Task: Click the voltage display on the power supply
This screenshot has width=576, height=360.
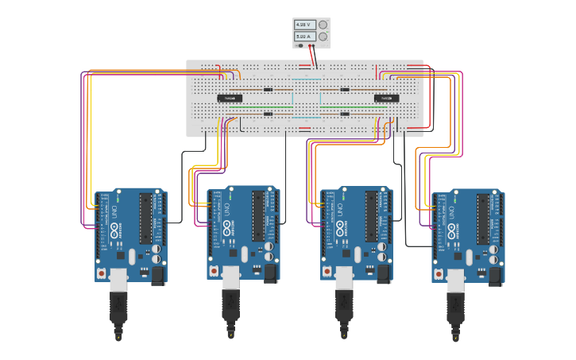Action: pyautogui.click(x=304, y=25)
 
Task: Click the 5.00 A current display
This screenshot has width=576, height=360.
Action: pyautogui.click(x=304, y=37)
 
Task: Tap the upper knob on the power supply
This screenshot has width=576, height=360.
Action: pyautogui.click(x=323, y=25)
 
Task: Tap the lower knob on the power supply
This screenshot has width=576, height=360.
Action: pyautogui.click(x=323, y=37)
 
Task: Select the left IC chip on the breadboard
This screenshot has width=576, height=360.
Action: pyautogui.click(x=230, y=99)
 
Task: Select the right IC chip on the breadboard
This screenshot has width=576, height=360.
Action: pyautogui.click(x=386, y=99)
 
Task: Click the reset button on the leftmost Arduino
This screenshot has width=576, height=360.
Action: pyautogui.click(x=101, y=271)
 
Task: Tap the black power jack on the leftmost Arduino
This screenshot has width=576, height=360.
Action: pyautogui.click(x=157, y=275)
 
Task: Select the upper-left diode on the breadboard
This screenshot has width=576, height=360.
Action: pyautogui.click(x=269, y=89)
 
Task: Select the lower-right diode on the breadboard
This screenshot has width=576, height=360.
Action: pyautogui.click(x=345, y=114)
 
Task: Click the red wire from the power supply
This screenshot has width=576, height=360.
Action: pyautogui.click(x=310, y=54)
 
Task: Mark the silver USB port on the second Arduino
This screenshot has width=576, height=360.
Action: pyautogui.click(x=230, y=277)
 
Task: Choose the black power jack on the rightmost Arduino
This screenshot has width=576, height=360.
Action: pyautogui.click(x=494, y=275)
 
